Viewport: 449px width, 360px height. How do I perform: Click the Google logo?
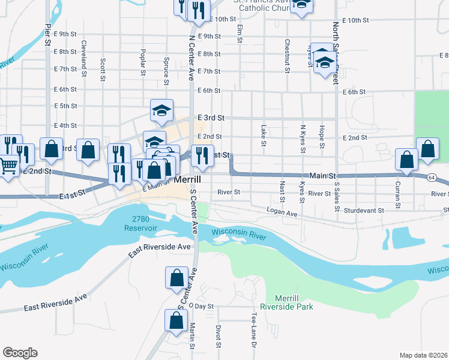[x=20, y=353]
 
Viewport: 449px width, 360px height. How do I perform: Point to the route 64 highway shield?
[x=432, y=177]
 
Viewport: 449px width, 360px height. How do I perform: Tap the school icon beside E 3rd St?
[x=162, y=110]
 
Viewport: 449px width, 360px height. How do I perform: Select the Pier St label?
[x=47, y=34]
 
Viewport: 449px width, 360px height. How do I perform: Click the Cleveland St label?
[x=84, y=53]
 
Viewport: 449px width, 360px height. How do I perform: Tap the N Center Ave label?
[x=192, y=61]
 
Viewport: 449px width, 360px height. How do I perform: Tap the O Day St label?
[x=201, y=305]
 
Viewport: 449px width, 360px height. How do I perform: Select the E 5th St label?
[x=65, y=106]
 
